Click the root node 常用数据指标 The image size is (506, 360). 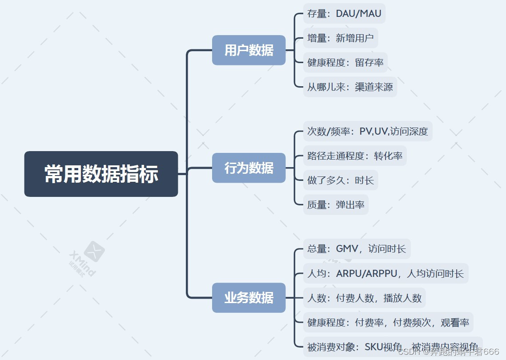pyautogui.click(x=101, y=174)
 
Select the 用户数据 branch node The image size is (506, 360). pyautogui.click(x=249, y=50)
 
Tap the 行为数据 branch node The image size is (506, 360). pyautogui.click(x=249, y=168)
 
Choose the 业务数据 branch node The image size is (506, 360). pyautogui.click(x=249, y=298)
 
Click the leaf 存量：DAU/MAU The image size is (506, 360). pyautogui.click(x=344, y=13)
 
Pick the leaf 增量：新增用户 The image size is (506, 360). pyautogui.click(x=340, y=38)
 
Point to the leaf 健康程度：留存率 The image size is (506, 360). pyautogui.click(x=345, y=63)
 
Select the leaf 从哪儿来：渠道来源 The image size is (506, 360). pyautogui.click(x=350, y=87)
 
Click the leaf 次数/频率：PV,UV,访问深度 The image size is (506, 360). pyautogui.click(x=367, y=132)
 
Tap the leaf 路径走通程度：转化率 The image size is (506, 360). pyautogui.click(x=355, y=156)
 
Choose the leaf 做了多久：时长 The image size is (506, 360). pyautogui.click(x=340, y=180)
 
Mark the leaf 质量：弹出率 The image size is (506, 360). pyautogui.click(x=336, y=205)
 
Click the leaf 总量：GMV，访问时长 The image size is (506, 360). pyautogui.click(x=357, y=248)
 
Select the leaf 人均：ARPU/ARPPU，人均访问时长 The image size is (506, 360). pyautogui.click(x=386, y=273)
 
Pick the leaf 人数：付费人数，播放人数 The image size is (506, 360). pyautogui.click(x=364, y=298)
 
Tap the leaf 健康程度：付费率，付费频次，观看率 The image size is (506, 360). pyautogui.click(x=388, y=322)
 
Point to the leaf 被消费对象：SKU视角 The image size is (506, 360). pyautogui.click(x=355, y=347)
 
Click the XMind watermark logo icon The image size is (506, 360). pyautogui.click(x=94, y=252)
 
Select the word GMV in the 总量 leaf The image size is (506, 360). pyautogui.click(x=347, y=248)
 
